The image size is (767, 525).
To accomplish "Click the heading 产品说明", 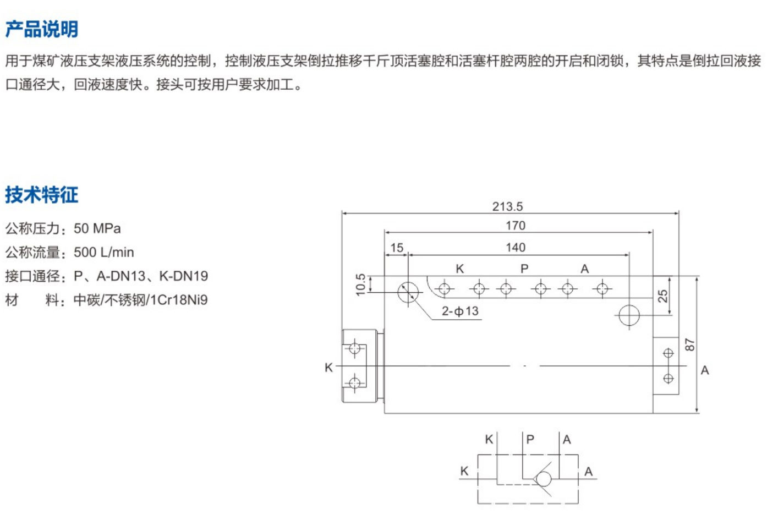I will coord(42,29).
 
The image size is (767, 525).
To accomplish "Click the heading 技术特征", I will coord(42,195).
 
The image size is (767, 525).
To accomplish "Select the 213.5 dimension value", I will coord(507,206).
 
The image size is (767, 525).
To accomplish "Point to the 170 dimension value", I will coord(516,226).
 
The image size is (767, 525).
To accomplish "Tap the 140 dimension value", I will coord(516,248).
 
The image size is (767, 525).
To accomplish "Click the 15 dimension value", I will coord(397,248).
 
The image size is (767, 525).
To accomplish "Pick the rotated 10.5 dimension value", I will coord(360,285).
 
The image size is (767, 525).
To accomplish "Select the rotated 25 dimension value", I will coord(663,296).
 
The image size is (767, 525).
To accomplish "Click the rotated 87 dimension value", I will coord(689,345).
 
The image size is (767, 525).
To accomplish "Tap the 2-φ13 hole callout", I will coord(460,311).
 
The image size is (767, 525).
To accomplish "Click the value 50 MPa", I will coord(97,228).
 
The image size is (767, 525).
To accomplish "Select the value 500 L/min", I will coord(104,253).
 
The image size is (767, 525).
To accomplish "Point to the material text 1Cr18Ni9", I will coord(179,300).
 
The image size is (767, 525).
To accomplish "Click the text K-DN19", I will coord(183,276).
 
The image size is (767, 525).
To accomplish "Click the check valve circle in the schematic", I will coord(544,479).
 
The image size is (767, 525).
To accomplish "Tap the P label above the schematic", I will coord(530,439).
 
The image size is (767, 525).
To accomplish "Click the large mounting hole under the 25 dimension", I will coord(629,315).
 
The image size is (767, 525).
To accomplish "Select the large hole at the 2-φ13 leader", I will coord(408,292).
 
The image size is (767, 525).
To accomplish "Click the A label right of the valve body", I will coord(705,370).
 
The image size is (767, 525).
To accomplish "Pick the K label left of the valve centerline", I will coord(328,367).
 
